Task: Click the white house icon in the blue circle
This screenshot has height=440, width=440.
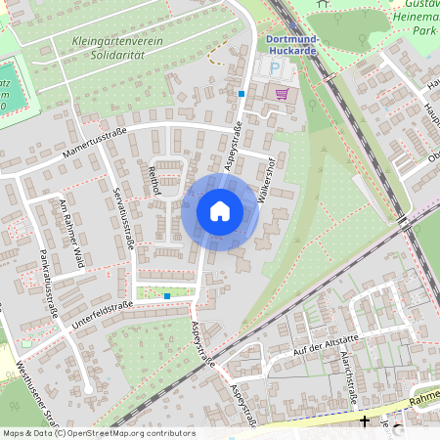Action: tap(220, 210)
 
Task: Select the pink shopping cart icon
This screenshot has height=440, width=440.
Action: tap(283, 94)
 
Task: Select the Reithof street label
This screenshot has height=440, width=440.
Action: tap(153, 180)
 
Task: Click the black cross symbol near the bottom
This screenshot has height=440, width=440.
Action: tap(365, 421)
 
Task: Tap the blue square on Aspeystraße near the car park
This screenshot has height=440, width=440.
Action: tap(241, 93)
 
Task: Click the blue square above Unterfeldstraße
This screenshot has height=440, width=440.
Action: tap(167, 294)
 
